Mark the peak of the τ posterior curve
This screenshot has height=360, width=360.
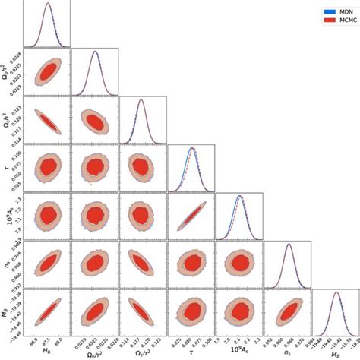191,147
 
